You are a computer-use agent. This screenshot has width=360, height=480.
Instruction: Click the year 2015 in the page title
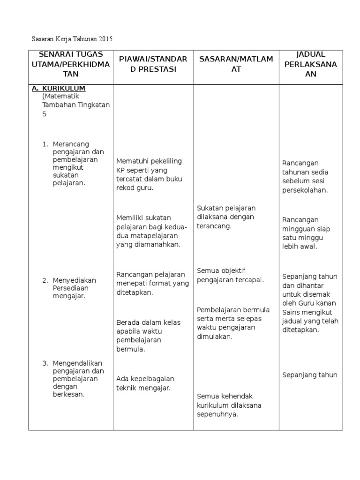(105, 38)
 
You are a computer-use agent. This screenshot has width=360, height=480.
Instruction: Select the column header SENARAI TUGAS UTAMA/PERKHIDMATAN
(70, 64)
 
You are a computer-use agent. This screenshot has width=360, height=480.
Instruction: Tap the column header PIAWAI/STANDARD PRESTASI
(153, 64)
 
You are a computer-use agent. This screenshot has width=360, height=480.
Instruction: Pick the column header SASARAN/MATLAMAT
(236, 64)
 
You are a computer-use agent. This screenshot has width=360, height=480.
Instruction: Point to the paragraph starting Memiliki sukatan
(151, 231)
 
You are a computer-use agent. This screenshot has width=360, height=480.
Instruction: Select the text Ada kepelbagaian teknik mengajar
(145, 383)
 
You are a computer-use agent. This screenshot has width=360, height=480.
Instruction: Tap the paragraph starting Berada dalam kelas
(145, 335)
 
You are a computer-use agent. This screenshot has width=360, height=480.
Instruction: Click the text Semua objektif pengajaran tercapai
(230, 275)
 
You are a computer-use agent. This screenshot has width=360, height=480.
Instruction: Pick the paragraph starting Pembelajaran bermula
(233, 323)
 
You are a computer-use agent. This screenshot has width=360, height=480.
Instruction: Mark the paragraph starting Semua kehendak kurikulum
(229, 405)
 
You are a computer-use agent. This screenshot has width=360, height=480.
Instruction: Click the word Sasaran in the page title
(43, 38)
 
